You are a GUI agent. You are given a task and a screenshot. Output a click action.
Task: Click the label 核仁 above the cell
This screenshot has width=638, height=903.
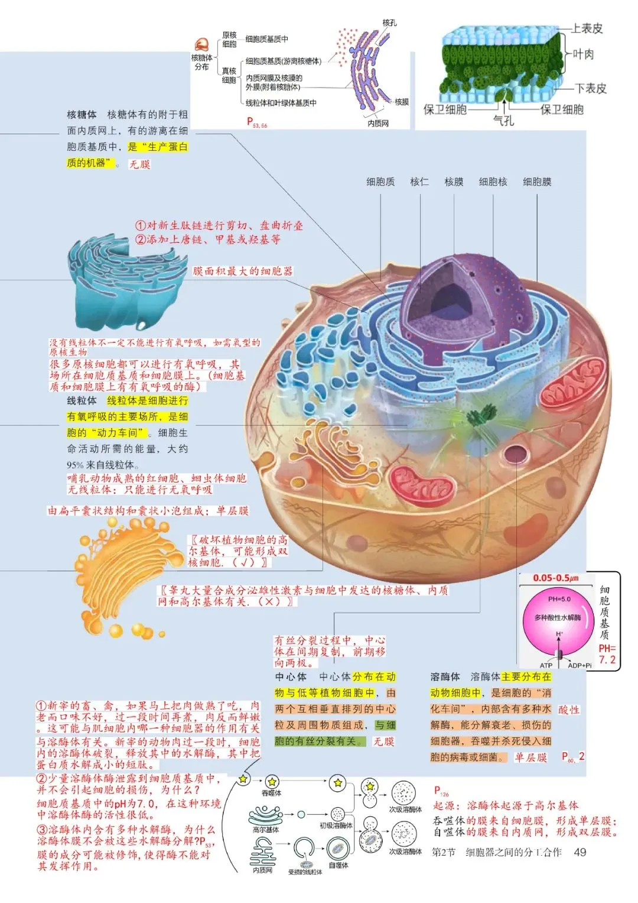tap(419, 182)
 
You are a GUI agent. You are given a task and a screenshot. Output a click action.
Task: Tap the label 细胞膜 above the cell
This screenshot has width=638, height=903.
tap(537, 182)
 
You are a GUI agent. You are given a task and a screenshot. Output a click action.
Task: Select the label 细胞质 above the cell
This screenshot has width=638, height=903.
tap(380, 182)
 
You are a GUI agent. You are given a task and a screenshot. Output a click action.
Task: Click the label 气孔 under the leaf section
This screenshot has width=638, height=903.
tap(503, 121)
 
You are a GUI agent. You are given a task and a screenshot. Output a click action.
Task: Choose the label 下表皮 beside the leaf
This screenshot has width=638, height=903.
tap(591, 89)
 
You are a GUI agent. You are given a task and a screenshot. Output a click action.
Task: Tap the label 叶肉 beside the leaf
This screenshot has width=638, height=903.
tap(583, 54)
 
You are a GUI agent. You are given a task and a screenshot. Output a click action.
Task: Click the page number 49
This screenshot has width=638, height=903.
tap(580, 852)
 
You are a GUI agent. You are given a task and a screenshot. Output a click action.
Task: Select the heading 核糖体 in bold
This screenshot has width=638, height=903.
tap(82, 114)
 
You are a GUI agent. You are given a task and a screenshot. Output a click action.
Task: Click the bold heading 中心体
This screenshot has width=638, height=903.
tap(291, 677)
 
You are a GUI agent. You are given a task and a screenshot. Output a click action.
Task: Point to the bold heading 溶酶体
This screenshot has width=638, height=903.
tap(445, 677)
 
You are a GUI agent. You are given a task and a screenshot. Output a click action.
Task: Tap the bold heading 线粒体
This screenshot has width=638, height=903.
tap(82, 400)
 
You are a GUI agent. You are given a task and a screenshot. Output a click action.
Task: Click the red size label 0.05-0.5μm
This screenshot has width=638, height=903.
tap(555, 578)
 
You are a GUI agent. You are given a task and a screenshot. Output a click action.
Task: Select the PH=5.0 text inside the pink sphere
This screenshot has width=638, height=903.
tap(559, 599)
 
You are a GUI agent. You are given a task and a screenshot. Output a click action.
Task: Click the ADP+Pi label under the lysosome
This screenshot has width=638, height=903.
tap(580, 665)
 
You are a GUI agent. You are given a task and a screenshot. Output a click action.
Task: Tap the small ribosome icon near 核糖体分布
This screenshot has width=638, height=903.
tap(202, 45)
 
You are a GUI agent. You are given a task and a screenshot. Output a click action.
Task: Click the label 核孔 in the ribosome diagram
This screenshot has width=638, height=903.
tap(389, 22)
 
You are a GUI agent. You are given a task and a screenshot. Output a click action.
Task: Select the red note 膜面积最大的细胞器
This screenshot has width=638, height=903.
tap(243, 271)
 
